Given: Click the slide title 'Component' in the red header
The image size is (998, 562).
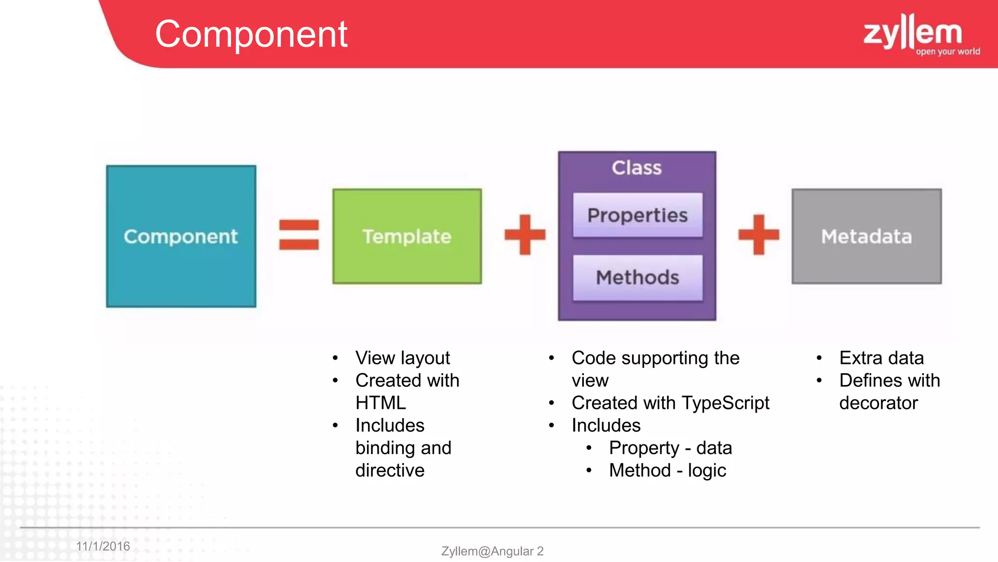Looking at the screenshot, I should click(x=251, y=34).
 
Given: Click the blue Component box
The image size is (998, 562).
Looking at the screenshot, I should click(x=181, y=236).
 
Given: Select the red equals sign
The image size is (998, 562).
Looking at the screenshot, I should click(x=299, y=235).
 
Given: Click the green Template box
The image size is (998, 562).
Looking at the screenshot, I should click(x=407, y=236).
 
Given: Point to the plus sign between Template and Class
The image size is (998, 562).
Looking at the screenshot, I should click(x=525, y=235).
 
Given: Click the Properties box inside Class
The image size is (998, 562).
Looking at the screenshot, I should click(x=637, y=215).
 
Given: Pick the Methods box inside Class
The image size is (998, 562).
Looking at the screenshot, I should click(x=637, y=278).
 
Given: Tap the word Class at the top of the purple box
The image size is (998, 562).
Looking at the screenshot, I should click(x=636, y=168).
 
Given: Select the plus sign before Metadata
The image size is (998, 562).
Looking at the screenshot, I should click(x=758, y=235).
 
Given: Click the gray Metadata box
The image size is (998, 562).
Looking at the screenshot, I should click(x=866, y=236).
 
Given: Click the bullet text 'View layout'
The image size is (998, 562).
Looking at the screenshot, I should click(x=403, y=358).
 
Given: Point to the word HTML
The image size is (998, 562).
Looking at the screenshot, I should click(x=381, y=403).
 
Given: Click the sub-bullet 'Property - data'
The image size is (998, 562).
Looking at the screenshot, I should click(x=670, y=448).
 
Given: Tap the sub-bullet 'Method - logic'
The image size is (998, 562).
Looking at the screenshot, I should click(x=667, y=470).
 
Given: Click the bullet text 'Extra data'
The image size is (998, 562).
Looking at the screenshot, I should click(x=881, y=358).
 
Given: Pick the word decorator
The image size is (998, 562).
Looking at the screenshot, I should click(x=878, y=403).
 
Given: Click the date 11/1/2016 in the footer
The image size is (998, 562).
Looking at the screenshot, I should click(x=103, y=546).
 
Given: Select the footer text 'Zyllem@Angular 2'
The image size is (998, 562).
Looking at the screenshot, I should click(x=492, y=551).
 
